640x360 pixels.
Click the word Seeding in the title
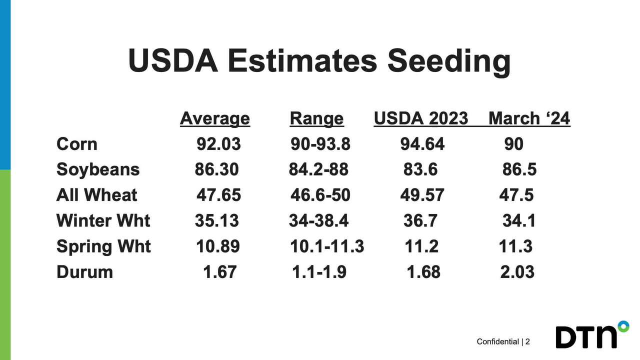tap(448, 61)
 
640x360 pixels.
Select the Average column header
tap(214, 118)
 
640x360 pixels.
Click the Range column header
tap(316, 118)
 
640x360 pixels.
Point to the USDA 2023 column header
tap(420, 118)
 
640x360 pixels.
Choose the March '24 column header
tap(529, 118)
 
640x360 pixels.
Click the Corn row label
tap(76, 144)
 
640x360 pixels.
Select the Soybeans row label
tap(98, 169)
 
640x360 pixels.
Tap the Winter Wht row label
tap(103, 220)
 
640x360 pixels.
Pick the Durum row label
tap(84, 272)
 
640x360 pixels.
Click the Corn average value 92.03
tap(218, 144)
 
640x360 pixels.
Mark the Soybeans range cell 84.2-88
tap(318, 169)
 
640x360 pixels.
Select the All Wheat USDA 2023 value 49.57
tap(422, 195)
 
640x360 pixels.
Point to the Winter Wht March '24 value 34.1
tap(518, 220)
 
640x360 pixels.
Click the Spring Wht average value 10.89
tap(217, 246)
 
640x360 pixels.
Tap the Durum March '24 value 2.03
tap(517, 272)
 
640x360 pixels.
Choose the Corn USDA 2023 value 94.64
tap(422, 144)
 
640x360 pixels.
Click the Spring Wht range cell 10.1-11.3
tap(327, 246)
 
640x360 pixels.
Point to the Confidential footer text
tap(497, 341)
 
